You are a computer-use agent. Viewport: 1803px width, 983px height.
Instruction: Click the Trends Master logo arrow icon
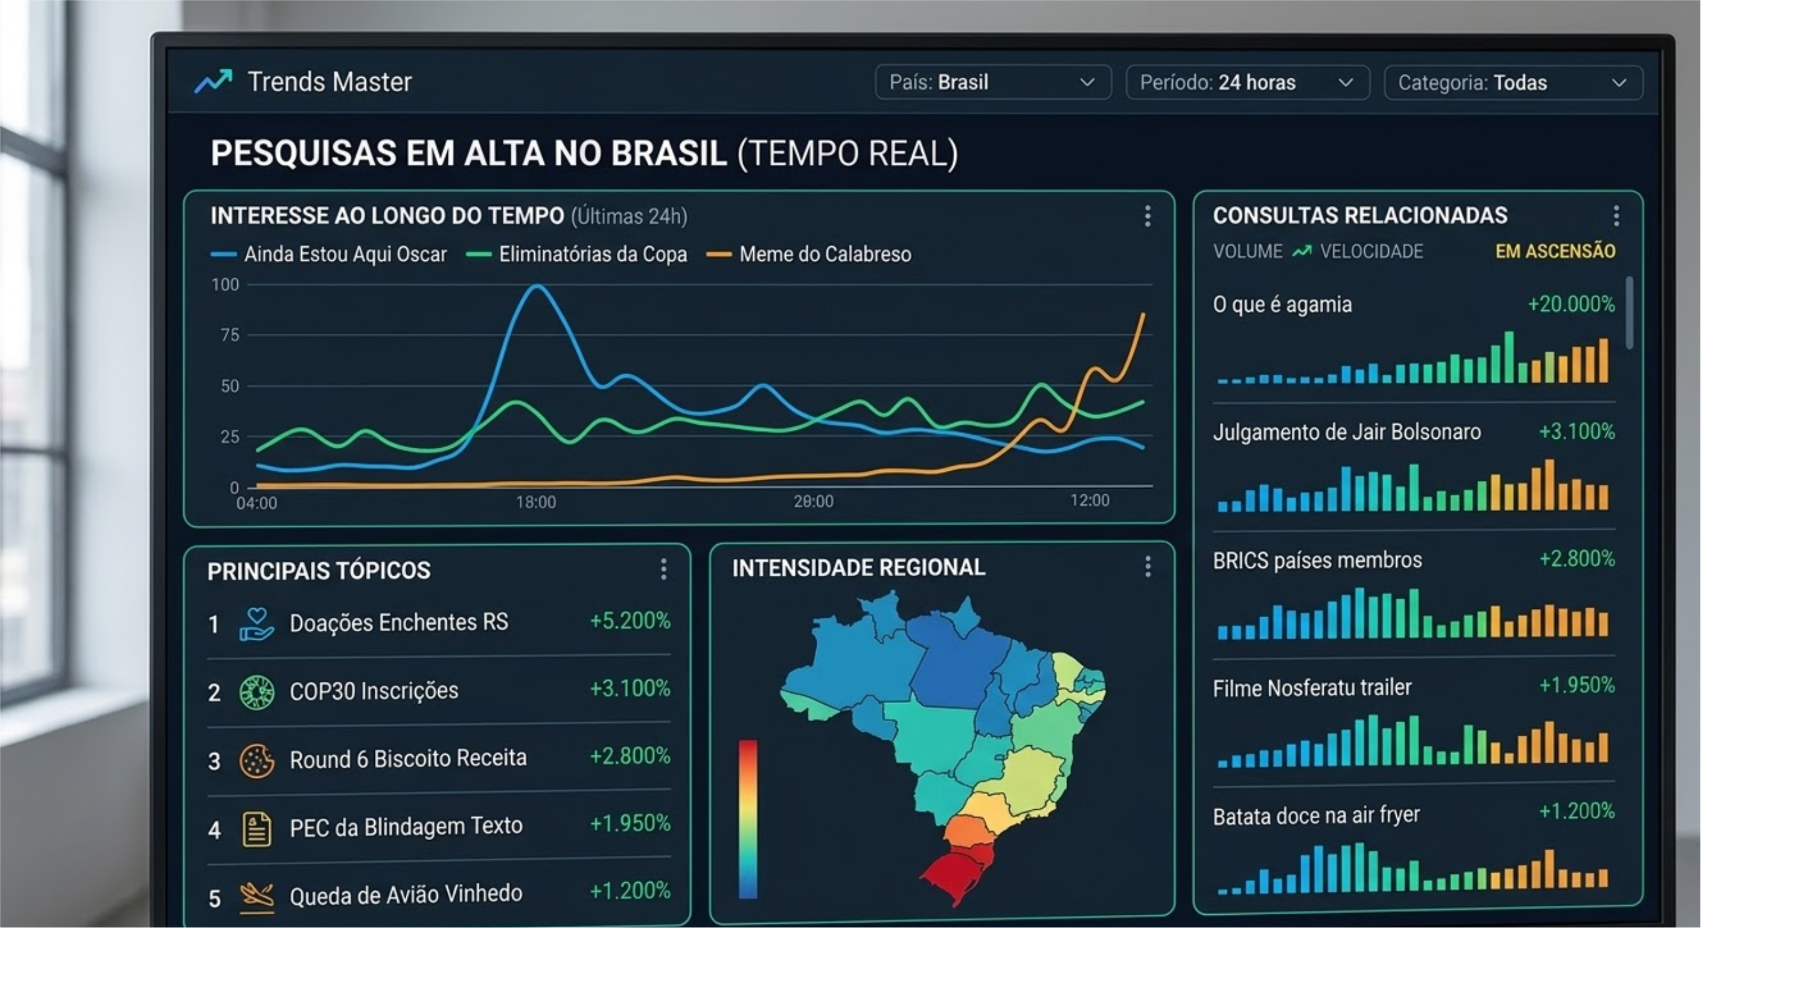pyautogui.click(x=213, y=82)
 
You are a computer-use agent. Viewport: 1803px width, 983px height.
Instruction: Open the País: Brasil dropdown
pyautogui.click(x=992, y=83)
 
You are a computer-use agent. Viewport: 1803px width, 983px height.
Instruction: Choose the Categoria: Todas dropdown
pyautogui.click(x=1513, y=83)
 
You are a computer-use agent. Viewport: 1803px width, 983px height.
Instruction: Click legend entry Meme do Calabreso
pyautogui.click(x=825, y=254)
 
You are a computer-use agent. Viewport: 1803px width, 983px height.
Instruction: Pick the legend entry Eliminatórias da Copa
pyautogui.click(x=592, y=254)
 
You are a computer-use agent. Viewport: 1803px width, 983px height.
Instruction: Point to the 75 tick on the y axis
pyautogui.click(x=229, y=335)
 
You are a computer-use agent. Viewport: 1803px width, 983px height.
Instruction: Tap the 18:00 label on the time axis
pyautogui.click(x=535, y=501)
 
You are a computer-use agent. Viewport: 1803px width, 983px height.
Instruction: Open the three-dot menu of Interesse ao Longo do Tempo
pyautogui.click(x=1147, y=216)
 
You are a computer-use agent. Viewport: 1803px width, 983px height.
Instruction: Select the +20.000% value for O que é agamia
pyautogui.click(x=1570, y=304)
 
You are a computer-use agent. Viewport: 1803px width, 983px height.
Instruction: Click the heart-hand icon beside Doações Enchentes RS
pyautogui.click(x=256, y=623)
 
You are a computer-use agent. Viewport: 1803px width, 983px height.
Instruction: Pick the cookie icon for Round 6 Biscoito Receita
pyautogui.click(x=256, y=760)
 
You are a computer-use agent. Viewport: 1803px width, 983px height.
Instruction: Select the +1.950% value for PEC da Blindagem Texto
pyautogui.click(x=629, y=824)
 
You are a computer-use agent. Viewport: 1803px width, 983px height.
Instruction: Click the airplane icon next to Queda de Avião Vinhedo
pyautogui.click(x=256, y=896)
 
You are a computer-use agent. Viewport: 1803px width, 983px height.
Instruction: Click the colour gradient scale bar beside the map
pyautogui.click(x=747, y=819)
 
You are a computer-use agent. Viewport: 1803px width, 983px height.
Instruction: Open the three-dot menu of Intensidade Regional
pyautogui.click(x=1147, y=567)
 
